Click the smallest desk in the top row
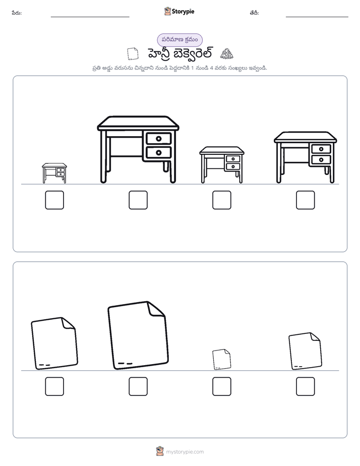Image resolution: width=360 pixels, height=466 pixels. click(x=54, y=173)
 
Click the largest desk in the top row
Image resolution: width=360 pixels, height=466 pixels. click(x=138, y=149)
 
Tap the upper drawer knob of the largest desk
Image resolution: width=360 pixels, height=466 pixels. click(x=159, y=139)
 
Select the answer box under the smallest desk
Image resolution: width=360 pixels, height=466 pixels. click(x=54, y=200)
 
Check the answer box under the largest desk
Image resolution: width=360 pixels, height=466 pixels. click(x=138, y=200)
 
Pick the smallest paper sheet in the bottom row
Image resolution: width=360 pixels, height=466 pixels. click(x=221, y=359)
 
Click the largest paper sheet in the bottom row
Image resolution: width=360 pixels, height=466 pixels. click(x=138, y=335)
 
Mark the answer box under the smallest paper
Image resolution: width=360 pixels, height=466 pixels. click(x=221, y=386)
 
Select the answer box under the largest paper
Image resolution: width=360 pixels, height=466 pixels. click(x=138, y=386)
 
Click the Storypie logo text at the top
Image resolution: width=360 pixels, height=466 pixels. click(x=183, y=12)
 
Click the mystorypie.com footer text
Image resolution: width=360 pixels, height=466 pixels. click(x=185, y=452)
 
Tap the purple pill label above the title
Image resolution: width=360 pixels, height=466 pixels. click(x=179, y=40)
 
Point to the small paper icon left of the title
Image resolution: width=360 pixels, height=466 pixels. click(x=133, y=54)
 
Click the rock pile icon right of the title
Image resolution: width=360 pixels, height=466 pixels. click(x=226, y=53)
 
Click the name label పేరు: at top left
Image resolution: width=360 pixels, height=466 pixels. click(x=17, y=13)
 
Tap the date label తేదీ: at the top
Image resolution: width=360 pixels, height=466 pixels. click(x=254, y=13)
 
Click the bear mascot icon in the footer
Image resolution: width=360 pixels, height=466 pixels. click(x=160, y=451)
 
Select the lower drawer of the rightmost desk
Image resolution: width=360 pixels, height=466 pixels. click(x=321, y=159)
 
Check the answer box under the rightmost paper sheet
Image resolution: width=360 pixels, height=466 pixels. click(x=306, y=386)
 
